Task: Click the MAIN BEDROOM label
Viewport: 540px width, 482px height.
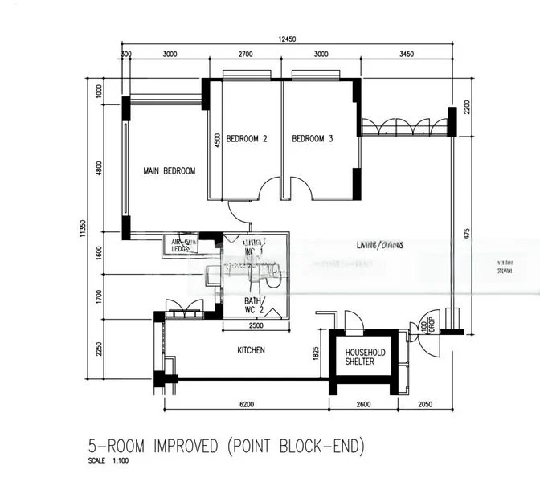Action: click(x=170, y=171)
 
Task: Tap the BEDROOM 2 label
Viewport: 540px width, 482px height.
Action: click(x=246, y=139)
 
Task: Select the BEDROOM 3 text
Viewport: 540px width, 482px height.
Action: click(x=312, y=139)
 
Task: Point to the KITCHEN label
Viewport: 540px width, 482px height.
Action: click(x=251, y=351)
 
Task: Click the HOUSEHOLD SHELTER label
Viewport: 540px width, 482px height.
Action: click(x=366, y=357)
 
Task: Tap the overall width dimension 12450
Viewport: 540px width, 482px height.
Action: click(x=288, y=39)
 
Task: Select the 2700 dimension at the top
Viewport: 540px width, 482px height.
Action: click(x=245, y=55)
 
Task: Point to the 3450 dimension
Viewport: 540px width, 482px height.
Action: click(x=407, y=55)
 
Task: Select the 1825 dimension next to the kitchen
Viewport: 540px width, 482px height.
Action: click(x=317, y=351)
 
